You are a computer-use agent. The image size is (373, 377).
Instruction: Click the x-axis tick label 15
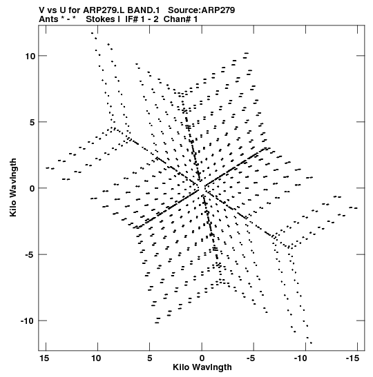click(45, 358)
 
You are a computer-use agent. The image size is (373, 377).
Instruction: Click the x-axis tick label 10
click(96, 358)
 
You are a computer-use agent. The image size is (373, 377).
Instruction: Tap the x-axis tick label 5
click(149, 358)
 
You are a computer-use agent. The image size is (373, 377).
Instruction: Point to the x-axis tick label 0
click(202, 358)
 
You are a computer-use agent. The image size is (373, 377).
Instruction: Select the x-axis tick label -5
click(252, 358)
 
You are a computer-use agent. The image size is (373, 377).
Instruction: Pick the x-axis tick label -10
click(300, 358)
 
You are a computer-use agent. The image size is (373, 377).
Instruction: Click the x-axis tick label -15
click(352, 358)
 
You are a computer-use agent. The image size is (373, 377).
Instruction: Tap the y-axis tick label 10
click(30, 57)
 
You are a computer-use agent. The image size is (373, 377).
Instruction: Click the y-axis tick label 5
click(32, 123)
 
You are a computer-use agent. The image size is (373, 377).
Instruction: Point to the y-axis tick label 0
click(32, 189)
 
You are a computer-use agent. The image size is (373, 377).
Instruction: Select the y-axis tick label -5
click(30, 254)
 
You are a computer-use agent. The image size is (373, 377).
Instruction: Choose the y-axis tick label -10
click(28, 320)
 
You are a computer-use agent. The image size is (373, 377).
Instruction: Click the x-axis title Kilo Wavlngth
click(202, 367)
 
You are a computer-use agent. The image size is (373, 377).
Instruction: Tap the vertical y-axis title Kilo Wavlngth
click(13, 187)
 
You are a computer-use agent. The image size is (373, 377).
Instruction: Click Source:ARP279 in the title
click(201, 10)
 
